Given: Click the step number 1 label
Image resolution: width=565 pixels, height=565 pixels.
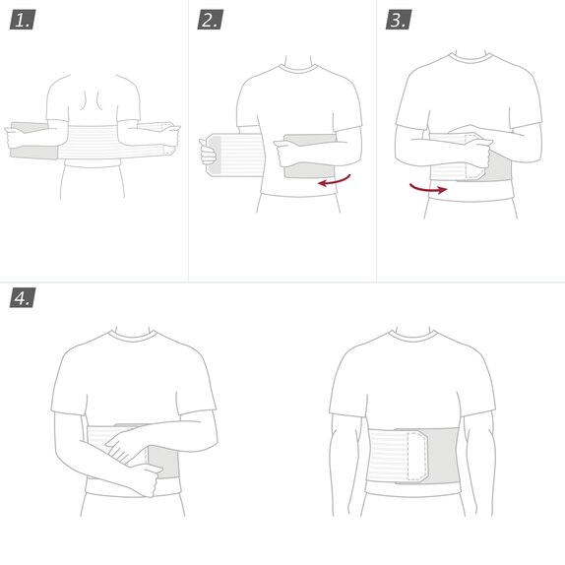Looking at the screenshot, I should click(x=22, y=20).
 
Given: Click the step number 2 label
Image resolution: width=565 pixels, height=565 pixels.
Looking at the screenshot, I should click(x=210, y=20).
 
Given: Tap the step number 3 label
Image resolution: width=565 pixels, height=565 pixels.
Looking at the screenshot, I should click(x=398, y=20).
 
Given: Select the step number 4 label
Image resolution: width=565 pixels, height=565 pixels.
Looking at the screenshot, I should click(x=22, y=297).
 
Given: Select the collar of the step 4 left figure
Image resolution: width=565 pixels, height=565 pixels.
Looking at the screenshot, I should click(x=134, y=335).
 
